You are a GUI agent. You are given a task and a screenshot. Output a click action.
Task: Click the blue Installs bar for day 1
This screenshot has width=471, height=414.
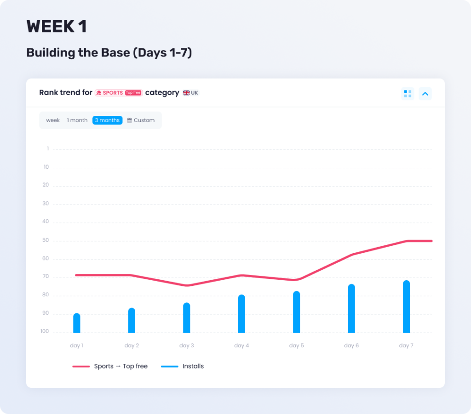coord(77,323)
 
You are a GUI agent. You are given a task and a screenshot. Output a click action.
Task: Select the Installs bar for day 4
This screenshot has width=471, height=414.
coord(241,314)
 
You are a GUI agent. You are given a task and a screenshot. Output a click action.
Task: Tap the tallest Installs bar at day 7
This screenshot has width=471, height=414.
coord(406,306)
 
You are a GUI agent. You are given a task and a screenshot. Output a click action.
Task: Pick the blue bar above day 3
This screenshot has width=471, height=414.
coord(187,318)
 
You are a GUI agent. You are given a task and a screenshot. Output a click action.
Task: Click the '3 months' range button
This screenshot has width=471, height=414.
coord(107,120)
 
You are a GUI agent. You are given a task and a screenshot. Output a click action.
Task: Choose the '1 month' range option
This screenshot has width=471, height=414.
coord(77,120)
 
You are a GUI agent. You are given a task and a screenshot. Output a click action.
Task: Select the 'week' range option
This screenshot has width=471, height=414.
coord(53,120)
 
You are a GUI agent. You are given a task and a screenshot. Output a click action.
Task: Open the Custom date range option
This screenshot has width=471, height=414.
coord(141,120)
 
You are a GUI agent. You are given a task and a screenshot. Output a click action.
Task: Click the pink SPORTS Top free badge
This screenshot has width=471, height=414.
coord(119,93)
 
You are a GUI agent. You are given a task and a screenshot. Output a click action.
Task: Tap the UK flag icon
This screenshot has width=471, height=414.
coord(186,93)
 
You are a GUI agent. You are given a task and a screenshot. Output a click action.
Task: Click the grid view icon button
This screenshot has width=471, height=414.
coord(408,94)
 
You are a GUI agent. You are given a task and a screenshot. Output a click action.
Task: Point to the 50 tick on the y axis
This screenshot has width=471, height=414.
coord(46,240)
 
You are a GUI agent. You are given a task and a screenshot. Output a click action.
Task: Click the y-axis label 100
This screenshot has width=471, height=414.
coord(44,332)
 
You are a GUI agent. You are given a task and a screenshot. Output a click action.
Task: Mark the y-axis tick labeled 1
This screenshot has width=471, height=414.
coord(47,149)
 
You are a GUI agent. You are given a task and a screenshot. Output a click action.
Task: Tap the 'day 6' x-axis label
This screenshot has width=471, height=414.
coord(351,346)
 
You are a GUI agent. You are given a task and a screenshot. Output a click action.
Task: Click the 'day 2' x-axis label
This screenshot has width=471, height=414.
coord(132,346)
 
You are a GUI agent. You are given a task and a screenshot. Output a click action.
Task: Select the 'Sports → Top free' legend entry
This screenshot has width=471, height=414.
coord(110,366)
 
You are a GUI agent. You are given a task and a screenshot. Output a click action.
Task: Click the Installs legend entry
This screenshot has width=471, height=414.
coord(183,366)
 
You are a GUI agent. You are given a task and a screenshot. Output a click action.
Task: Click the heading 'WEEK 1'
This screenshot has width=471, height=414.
coord(57,27)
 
